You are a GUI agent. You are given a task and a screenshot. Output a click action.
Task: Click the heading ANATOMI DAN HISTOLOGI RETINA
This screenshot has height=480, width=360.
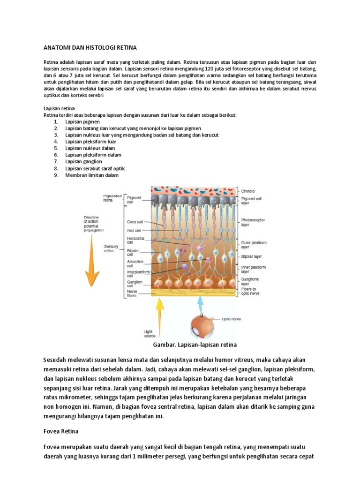(90, 47)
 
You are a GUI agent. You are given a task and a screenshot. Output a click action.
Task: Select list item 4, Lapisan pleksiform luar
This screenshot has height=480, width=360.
(90, 142)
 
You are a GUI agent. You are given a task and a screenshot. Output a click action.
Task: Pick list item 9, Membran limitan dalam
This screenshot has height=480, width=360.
(92, 175)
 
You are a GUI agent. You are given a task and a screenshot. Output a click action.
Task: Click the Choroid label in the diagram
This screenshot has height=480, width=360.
(248, 191)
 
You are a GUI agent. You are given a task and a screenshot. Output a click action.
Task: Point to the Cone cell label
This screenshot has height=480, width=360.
(135, 222)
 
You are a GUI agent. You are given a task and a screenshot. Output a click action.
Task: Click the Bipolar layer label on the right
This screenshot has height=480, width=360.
(252, 257)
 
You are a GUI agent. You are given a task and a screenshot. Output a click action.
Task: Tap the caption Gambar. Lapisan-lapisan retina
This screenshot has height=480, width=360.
(195, 345)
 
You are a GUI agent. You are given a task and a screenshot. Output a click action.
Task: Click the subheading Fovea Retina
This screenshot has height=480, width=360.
(61, 431)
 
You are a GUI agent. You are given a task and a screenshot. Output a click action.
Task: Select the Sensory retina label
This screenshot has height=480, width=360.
(111, 248)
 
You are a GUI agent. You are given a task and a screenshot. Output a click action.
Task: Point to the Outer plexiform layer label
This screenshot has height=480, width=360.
(254, 245)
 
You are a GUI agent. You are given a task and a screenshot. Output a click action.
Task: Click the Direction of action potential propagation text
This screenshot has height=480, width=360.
(94, 224)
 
